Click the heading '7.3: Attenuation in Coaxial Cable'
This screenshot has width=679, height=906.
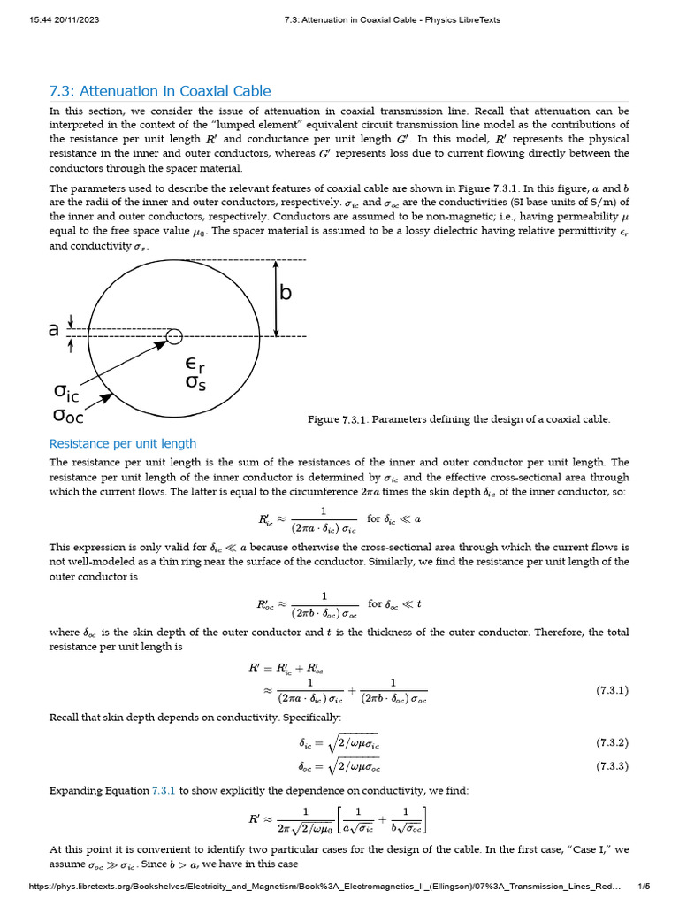click(160, 91)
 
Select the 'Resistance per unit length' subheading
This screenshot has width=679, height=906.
click(122, 443)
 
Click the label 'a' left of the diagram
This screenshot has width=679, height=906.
click(54, 330)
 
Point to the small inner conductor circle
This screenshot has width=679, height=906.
click(174, 335)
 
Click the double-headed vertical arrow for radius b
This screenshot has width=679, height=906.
click(276, 298)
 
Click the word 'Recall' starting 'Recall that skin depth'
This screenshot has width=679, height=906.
click(67, 716)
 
